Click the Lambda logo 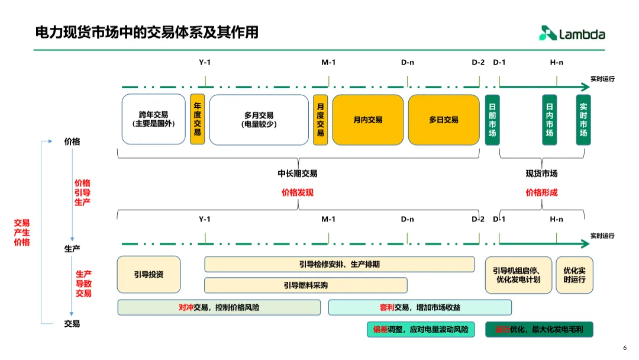tap(572, 34)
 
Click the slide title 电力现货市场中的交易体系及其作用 tap(147, 32)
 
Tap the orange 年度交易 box tap(197, 120)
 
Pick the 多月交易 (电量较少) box tap(259, 120)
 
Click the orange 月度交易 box tap(320, 120)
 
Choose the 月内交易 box tap(367, 120)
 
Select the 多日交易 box tap(444, 120)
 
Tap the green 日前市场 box tap(492, 120)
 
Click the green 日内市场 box tap(550, 120)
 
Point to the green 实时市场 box tap(583, 120)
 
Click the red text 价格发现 tap(297, 192)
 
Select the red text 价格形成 tap(541, 192)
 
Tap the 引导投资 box tap(149, 275)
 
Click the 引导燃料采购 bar tap(305, 285)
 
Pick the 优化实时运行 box tap(574, 275)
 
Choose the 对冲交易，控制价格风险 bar tap(219, 307)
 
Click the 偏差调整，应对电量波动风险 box tap(421, 330)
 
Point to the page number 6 tap(625, 348)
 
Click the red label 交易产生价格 tap(22, 233)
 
